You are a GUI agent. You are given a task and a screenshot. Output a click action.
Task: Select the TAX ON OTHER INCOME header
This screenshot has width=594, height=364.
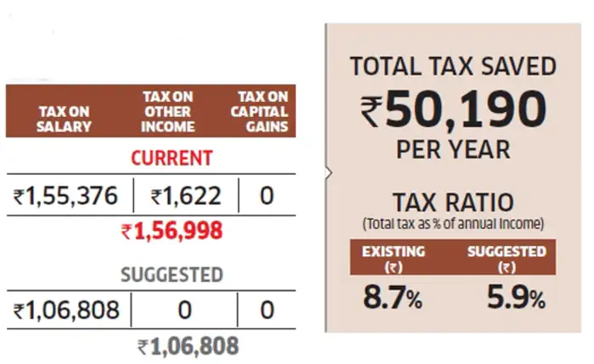point(168,111)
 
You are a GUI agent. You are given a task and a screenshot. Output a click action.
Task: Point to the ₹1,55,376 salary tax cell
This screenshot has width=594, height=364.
point(69,197)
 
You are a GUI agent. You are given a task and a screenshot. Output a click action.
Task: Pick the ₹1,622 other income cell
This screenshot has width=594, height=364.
point(186,197)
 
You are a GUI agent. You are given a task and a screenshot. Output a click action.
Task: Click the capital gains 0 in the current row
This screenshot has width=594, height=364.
point(266,197)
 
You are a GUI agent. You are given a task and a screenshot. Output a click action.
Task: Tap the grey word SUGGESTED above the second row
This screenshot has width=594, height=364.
point(171,275)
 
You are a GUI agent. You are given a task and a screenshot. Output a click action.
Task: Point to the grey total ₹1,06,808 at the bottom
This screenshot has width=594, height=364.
point(188,346)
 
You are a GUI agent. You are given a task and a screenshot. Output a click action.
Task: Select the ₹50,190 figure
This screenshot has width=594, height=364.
point(453,109)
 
